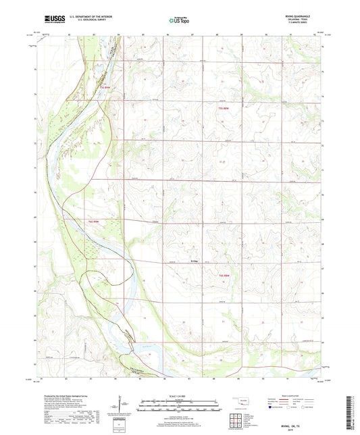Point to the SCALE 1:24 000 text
(x=180, y=395)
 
